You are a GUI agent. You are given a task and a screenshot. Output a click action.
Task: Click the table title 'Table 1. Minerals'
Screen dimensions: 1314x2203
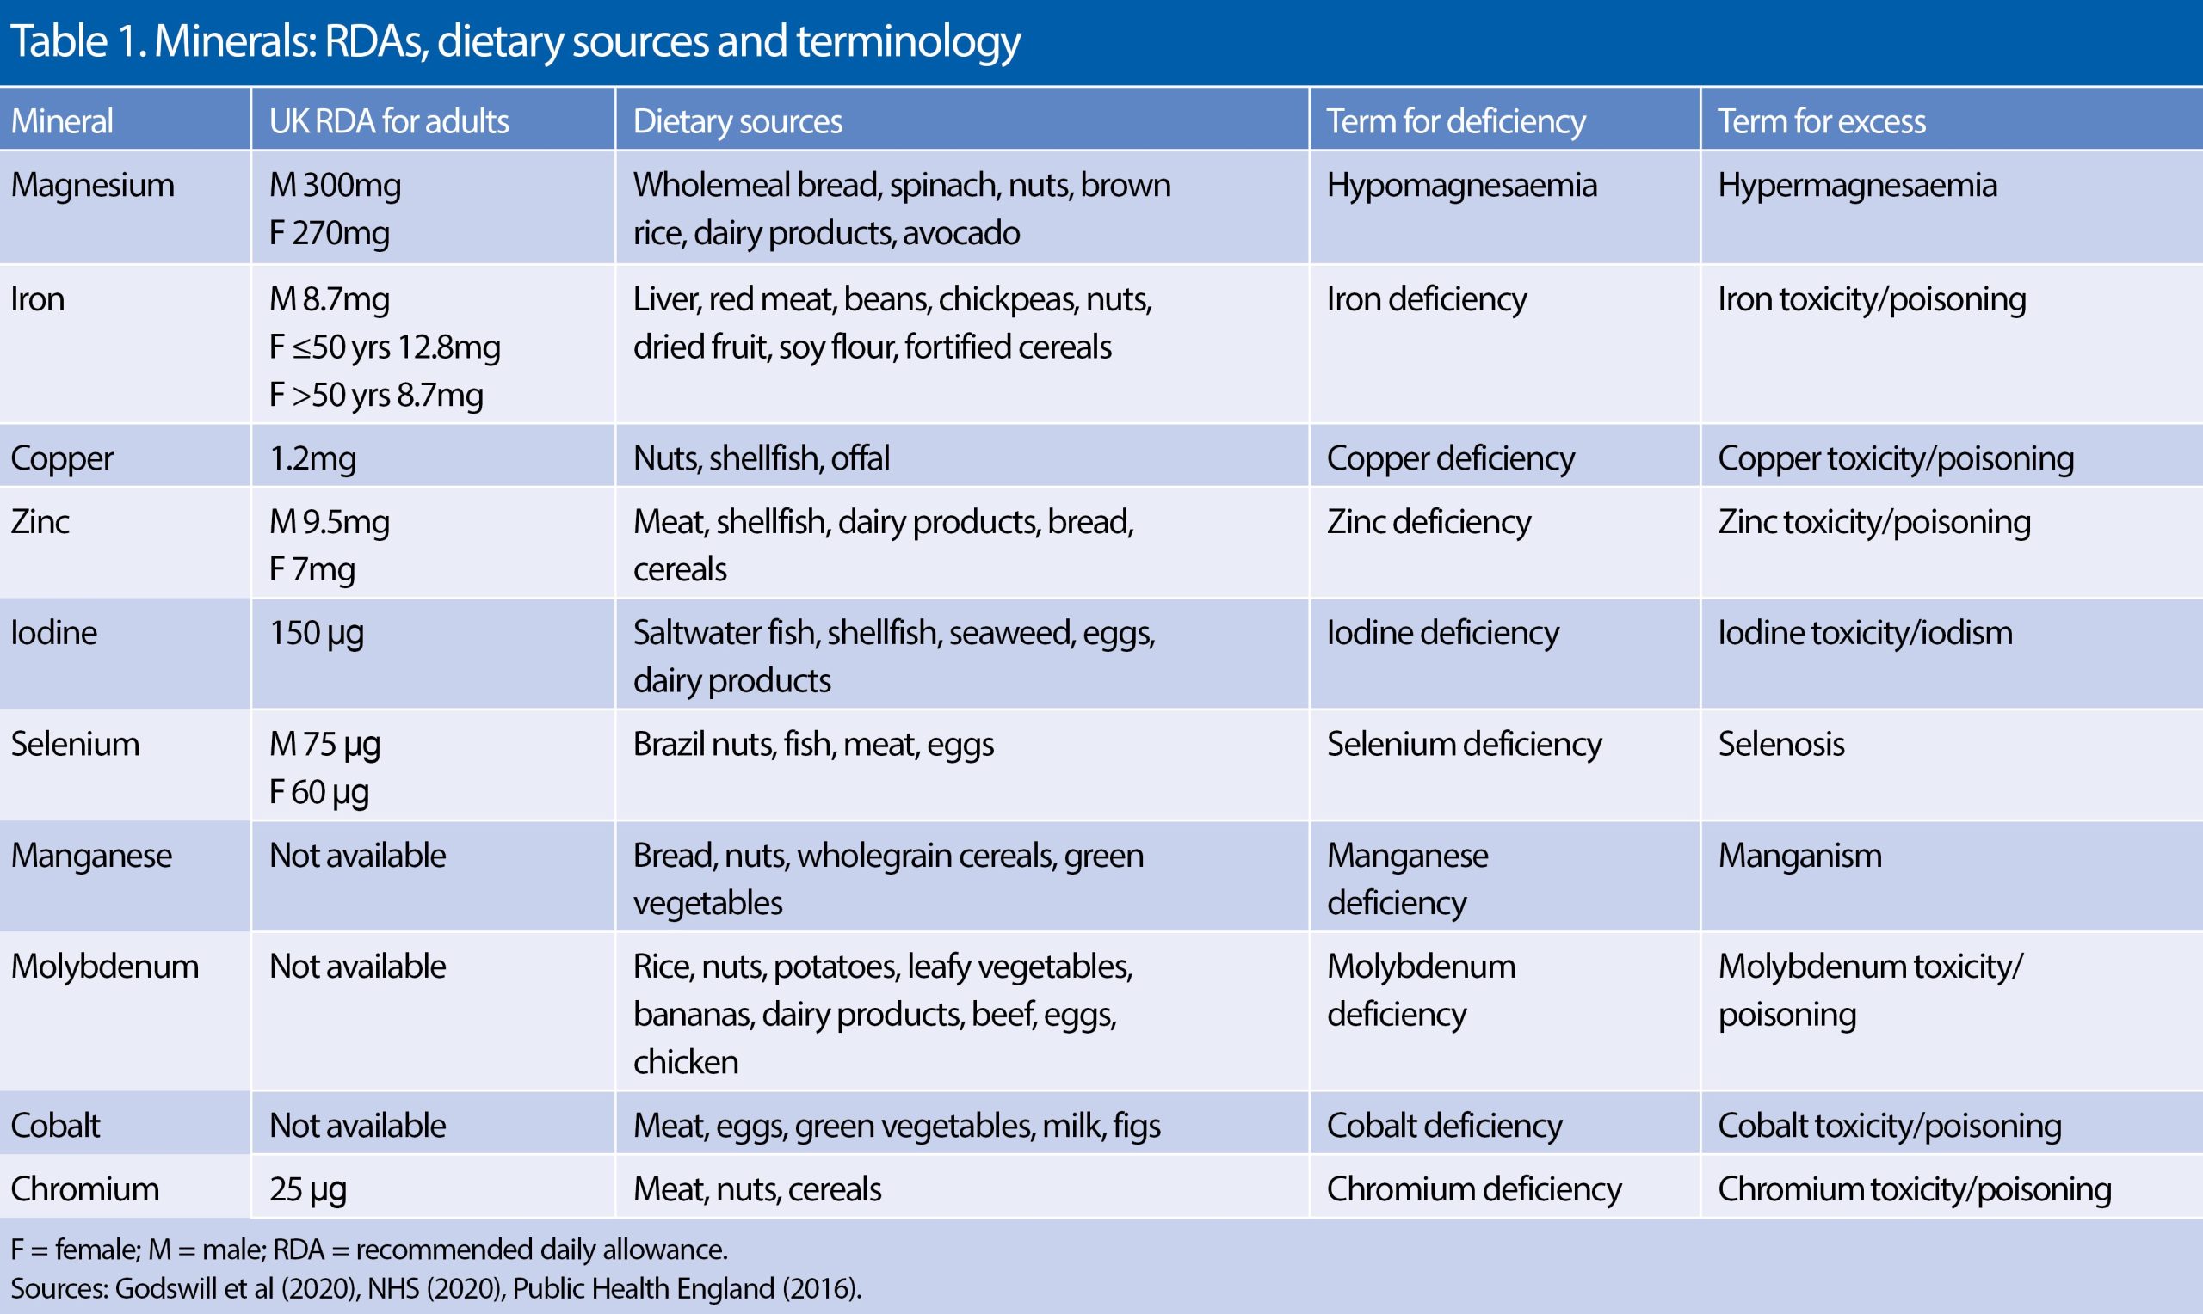[x=514, y=41]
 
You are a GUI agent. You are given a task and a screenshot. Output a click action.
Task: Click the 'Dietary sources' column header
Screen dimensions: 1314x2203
[x=737, y=121]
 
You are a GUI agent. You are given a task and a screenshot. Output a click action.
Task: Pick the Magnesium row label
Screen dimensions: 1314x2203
[x=92, y=185]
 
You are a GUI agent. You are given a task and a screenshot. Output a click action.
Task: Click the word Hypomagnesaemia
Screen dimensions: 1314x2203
[x=1460, y=185]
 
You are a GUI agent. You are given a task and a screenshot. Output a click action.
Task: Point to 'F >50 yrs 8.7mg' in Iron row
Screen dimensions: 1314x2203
[x=375, y=395]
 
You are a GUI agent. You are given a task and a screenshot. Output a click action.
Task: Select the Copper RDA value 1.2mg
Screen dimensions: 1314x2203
[x=312, y=458]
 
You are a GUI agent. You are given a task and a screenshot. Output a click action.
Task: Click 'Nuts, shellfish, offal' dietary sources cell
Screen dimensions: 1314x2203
[x=760, y=458]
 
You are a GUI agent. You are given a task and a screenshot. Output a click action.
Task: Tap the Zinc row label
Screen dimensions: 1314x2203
[x=40, y=521]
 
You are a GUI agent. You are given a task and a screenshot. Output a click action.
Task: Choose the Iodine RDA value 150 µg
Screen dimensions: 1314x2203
[x=315, y=633]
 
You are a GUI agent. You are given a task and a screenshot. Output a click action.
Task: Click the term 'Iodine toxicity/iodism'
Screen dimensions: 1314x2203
[x=1865, y=633]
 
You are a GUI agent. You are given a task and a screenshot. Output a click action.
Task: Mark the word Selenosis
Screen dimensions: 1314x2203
[x=1780, y=745]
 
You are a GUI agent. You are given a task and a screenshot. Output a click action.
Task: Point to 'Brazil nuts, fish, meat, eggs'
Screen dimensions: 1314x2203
[x=812, y=745]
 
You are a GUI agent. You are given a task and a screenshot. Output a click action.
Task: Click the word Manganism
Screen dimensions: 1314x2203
[x=1799, y=856]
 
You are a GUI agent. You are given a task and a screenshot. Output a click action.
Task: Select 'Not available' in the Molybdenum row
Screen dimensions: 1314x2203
[x=357, y=967]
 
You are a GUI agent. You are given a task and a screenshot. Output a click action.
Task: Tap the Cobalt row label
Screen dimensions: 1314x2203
[x=55, y=1126]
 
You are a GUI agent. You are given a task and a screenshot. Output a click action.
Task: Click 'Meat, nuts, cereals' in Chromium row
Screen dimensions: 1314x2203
[x=756, y=1189]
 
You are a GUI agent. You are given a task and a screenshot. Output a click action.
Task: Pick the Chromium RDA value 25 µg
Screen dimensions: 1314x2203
[x=307, y=1189]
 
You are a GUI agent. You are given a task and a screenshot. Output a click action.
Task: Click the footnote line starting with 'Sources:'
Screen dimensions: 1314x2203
[x=435, y=1288]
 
